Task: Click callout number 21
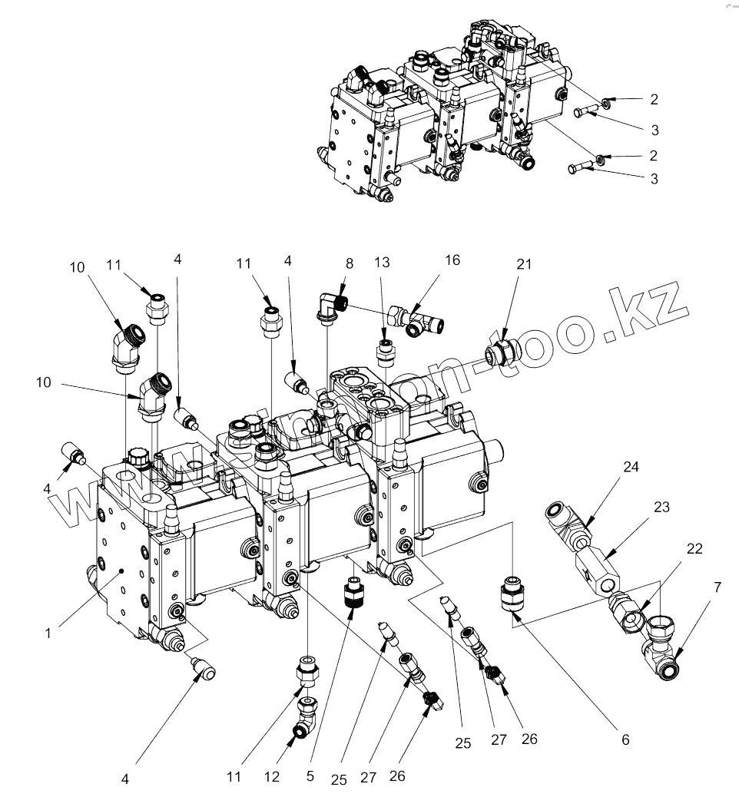524,265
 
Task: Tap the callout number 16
452,260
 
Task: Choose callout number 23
662,508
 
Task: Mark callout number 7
717,587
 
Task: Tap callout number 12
271,776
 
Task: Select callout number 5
310,776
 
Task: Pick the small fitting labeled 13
384,352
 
